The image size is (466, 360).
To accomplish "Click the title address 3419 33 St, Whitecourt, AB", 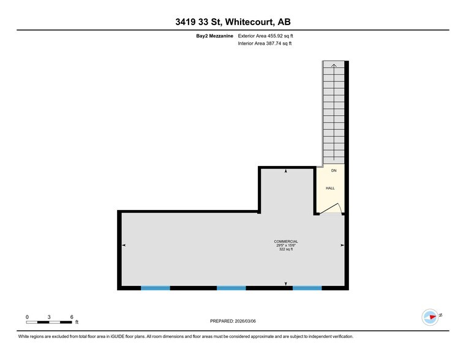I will [233, 23].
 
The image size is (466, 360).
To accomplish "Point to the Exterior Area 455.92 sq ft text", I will [269, 36].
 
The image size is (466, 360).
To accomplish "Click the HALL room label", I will [330, 188].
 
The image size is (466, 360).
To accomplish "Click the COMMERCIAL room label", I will [286, 242].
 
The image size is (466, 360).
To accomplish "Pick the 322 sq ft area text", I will [286, 249].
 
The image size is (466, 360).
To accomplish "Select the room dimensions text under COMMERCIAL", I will [286, 246].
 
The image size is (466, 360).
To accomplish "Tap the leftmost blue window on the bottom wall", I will [156, 288].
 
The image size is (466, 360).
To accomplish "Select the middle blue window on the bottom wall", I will [231, 288].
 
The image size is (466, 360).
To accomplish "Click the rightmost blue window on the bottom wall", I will [307, 288].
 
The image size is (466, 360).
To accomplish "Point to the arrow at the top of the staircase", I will [334, 65].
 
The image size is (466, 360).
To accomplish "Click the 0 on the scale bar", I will [27, 317].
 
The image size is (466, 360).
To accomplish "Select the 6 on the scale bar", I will [72, 317].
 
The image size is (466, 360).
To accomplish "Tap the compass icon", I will [430, 317].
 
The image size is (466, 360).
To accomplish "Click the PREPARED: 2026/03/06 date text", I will [233, 320].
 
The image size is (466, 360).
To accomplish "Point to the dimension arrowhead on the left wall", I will [124, 245].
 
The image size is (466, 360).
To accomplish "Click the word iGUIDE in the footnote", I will [120, 336].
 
